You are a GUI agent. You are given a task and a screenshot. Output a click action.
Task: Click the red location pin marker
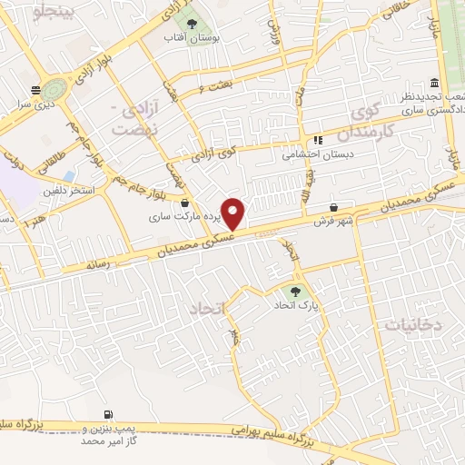[234, 213]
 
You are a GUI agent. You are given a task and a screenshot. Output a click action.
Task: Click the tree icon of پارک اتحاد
[293, 291]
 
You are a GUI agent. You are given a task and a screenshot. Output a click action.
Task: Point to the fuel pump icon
[109, 414]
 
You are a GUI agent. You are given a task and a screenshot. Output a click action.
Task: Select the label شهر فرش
[333, 222]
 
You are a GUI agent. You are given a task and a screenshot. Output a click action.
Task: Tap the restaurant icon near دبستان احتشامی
[318, 141]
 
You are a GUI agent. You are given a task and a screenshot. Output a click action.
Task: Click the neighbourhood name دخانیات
[413, 324]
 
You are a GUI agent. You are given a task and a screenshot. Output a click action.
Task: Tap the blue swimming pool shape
[69, 175]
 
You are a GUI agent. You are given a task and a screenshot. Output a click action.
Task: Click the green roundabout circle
[54, 90]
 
